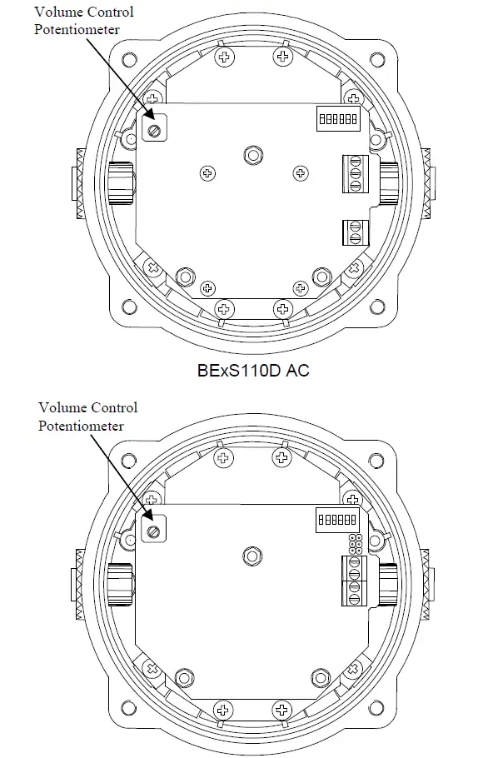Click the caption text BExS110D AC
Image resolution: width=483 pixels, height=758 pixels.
pyautogui.click(x=252, y=370)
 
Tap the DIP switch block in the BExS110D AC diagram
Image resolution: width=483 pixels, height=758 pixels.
pyautogui.click(x=338, y=118)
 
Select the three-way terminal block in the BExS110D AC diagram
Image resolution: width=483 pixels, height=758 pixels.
pyautogui.click(x=355, y=174)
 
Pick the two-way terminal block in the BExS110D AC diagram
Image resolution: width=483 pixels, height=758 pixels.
pyautogui.click(x=355, y=232)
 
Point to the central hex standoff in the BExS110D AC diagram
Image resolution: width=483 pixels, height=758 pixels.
pyautogui.click(x=251, y=155)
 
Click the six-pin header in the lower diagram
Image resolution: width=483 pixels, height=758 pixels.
pyautogui.click(x=355, y=544)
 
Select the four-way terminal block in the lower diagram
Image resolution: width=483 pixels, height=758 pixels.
pyautogui.click(x=355, y=581)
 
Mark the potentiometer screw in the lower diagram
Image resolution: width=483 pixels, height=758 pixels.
pyautogui.click(x=153, y=531)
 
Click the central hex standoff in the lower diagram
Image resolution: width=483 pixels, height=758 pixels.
pyautogui.click(x=251, y=556)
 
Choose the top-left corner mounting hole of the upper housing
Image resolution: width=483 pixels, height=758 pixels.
pyautogui.click(x=127, y=60)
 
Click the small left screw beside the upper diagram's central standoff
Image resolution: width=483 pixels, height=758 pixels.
pyautogui.click(x=207, y=172)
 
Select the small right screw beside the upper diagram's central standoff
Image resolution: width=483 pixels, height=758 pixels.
pyautogui.click(x=300, y=172)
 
